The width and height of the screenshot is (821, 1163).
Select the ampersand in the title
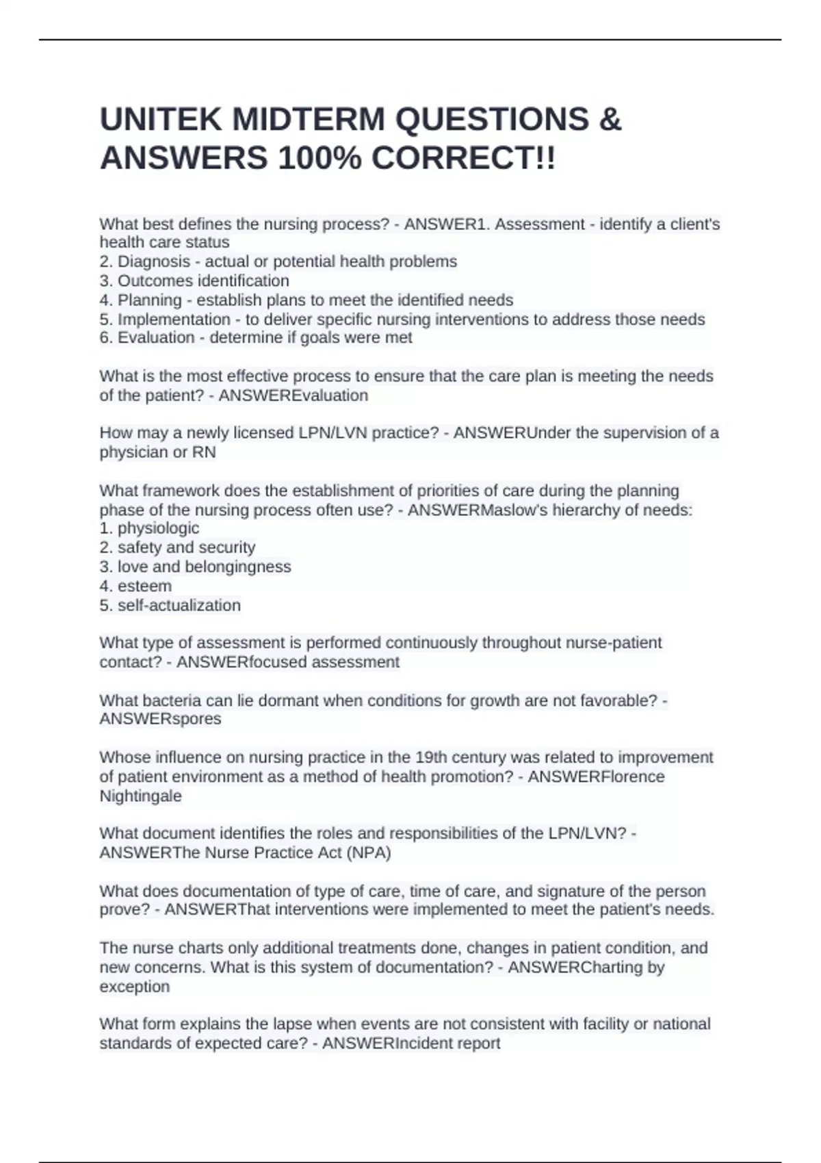point(610,120)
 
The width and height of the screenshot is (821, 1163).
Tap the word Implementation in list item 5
point(174,319)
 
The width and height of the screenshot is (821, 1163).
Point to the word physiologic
point(158,528)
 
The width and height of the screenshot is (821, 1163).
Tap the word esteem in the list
point(144,586)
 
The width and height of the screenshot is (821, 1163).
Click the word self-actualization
point(179,605)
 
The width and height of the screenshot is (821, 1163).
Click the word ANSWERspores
point(160,719)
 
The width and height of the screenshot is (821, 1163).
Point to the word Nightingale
point(141,796)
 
